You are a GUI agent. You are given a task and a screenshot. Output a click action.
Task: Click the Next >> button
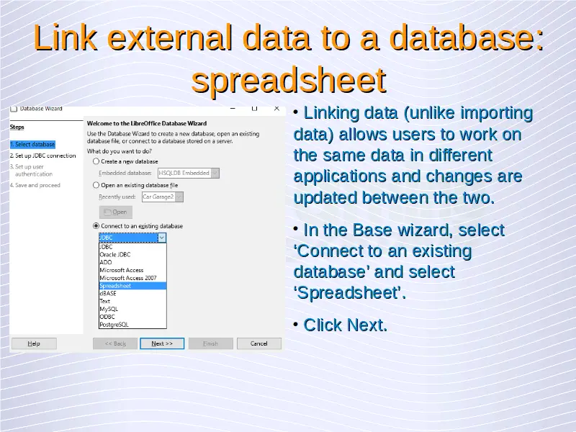[x=162, y=343]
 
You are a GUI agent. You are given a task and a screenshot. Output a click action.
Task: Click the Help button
[x=34, y=343]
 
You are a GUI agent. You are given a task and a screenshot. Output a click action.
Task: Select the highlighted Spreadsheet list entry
[x=132, y=286]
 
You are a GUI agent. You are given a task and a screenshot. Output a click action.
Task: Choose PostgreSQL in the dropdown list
[x=114, y=325]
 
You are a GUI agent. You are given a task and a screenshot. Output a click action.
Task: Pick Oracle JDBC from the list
[x=115, y=255]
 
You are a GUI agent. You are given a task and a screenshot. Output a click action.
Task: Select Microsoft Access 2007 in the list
[x=128, y=278]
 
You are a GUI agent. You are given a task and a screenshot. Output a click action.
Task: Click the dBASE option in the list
[x=108, y=294]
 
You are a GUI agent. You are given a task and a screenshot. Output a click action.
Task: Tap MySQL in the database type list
[x=109, y=309]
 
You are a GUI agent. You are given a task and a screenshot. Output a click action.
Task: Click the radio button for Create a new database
[x=96, y=161]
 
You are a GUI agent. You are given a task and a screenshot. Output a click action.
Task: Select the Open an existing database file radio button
[x=96, y=185]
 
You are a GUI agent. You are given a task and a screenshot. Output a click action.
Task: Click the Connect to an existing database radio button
[x=96, y=226]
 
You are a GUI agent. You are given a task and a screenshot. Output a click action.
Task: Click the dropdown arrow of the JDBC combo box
[x=162, y=238]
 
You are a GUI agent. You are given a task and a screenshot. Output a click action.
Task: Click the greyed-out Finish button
[x=210, y=343]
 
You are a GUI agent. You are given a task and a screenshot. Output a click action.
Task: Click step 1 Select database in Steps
[x=32, y=145]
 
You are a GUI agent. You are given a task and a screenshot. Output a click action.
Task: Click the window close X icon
[x=277, y=109]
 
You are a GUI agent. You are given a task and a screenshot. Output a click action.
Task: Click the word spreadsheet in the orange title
[x=289, y=80]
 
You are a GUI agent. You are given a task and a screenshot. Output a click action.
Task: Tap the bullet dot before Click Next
[x=296, y=325]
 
